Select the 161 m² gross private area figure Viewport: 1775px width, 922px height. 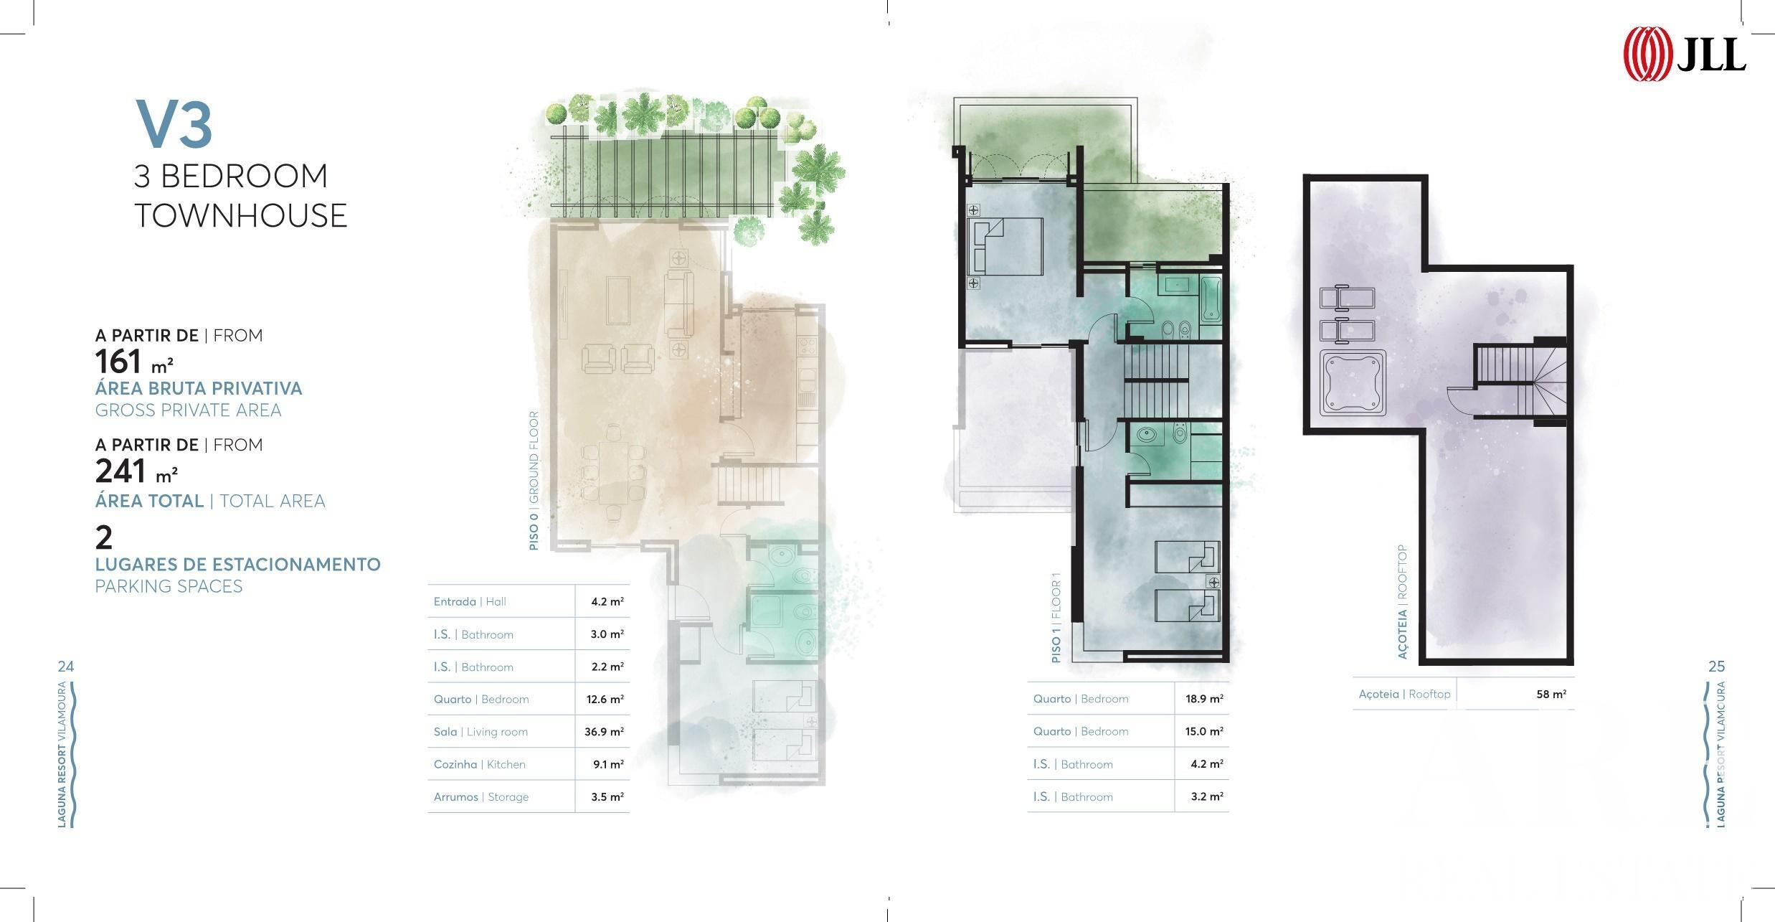pyautogui.click(x=134, y=362)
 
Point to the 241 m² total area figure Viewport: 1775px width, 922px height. pyautogui.click(x=136, y=471)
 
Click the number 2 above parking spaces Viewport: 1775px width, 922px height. pyautogui.click(x=104, y=537)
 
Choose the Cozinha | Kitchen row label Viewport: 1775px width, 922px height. pyautogui.click(x=479, y=764)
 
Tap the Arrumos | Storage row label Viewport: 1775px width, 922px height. pyautogui.click(x=481, y=796)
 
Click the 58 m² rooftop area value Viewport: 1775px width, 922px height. pyautogui.click(x=1551, y=694)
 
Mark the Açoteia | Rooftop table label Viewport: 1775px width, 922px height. pyautogui.click(x=1404, y=694)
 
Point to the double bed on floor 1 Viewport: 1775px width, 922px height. pyautogui.click(x=1005, y=247)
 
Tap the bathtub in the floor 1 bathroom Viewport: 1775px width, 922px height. pyautogui.click(x=1211, y=298)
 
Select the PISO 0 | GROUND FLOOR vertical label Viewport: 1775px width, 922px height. pyautogui.click(x=534, y=481)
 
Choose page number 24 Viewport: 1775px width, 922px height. pyautogui.click(x=65, y=667)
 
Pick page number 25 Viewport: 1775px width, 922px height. pyautogui.click(x=1716, y=667)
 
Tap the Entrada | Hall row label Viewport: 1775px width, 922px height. pyautogui.click(x=470, y=601)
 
